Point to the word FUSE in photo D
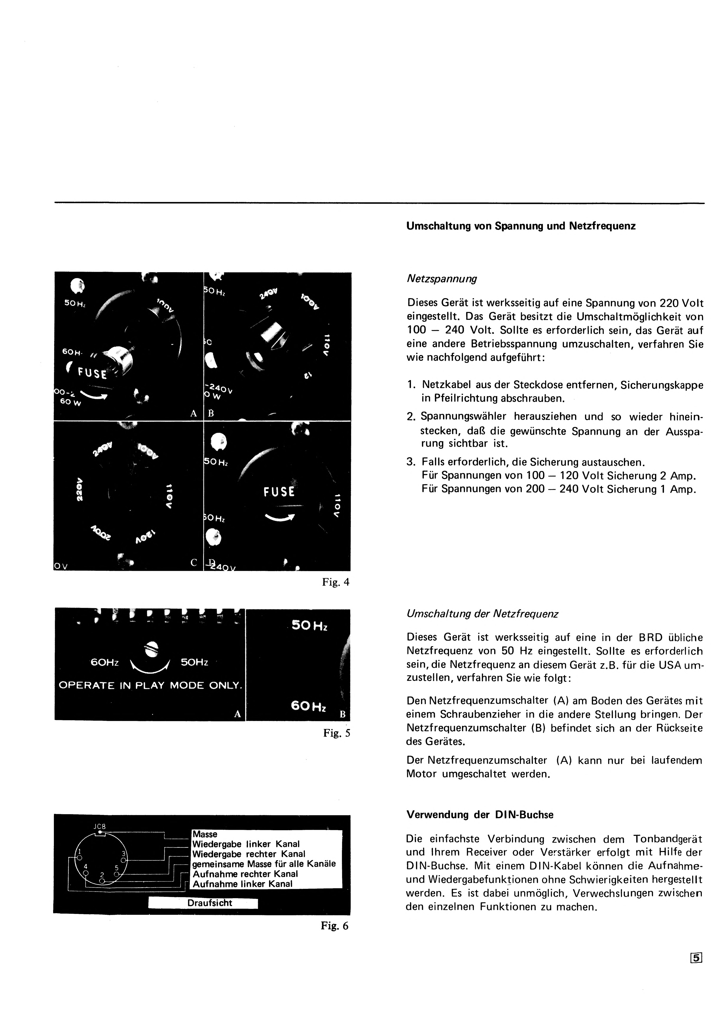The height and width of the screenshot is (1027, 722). point(279,492)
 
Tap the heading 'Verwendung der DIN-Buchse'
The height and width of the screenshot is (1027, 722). point(480,815)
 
